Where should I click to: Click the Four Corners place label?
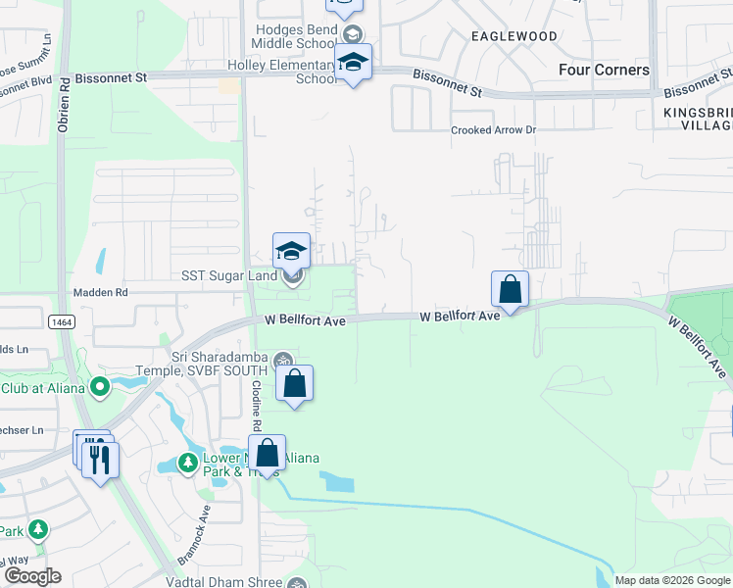click(604, 70)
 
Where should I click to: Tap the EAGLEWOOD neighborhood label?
click(513, 36)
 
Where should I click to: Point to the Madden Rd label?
click(101, 292)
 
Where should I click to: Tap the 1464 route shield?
click(61, 320)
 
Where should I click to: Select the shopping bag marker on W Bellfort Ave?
click(510, 289)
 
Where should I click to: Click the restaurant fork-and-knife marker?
click(100, 460)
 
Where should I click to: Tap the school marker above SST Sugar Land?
click(291, 251)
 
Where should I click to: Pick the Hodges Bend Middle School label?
click(295, 36)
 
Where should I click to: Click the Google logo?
click(32, 576)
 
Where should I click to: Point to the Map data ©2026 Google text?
click(672, 580)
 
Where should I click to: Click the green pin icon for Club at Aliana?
click(99, 388)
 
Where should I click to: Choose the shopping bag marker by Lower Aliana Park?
click(267, 454)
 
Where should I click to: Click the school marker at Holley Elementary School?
click(353, 63)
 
